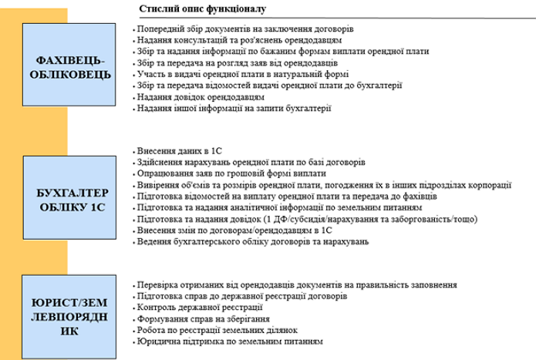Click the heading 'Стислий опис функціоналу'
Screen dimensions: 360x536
203,9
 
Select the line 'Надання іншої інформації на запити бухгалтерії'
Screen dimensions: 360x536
233,109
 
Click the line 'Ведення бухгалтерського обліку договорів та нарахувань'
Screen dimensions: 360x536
252,242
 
